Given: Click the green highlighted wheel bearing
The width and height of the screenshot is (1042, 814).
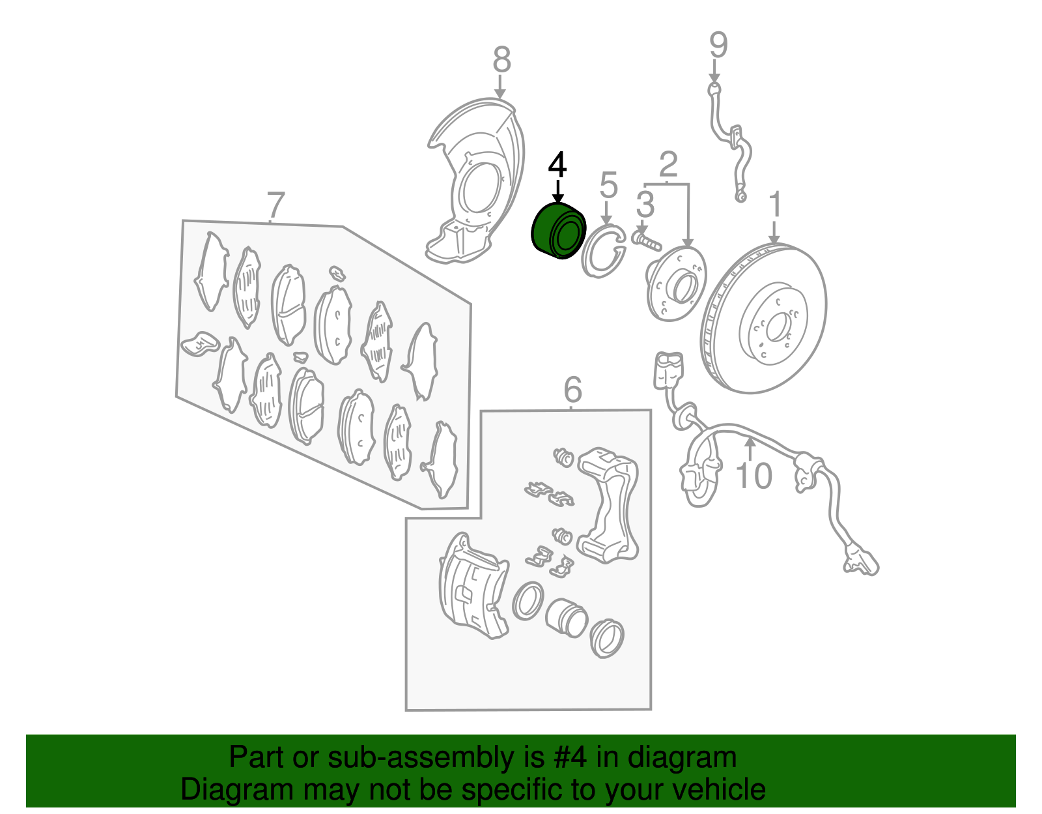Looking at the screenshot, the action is pos(559,231).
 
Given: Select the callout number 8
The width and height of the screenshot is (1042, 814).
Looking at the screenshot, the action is pos(501,60).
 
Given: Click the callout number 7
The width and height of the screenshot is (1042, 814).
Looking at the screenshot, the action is pos(275,205).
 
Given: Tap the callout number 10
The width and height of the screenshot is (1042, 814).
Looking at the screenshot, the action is pos(753,475).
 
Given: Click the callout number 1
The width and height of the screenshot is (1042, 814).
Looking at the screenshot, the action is pos(776,204).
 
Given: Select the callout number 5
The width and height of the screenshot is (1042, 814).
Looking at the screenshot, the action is pos(608,184).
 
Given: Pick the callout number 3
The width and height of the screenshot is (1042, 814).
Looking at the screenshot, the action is pos(645,204).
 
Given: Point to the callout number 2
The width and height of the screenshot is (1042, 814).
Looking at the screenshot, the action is pos(668,164).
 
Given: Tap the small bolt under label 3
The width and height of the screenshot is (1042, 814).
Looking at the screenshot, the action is pos(647,240).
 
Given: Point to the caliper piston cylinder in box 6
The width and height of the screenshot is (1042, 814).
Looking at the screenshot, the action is pos(566,617).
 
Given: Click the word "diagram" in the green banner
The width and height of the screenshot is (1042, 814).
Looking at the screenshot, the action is pos(682,757).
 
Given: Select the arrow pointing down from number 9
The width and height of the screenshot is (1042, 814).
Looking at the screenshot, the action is pos(714,70).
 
